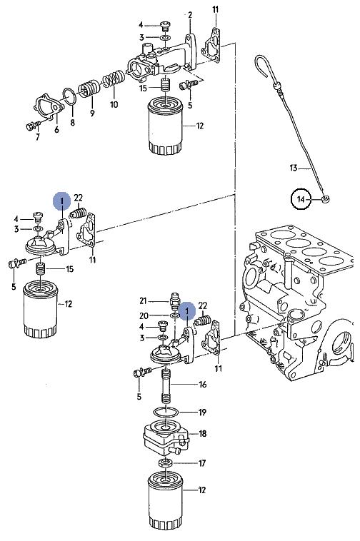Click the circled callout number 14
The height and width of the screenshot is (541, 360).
coord(301,199)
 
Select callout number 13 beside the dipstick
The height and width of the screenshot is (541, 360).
coord(294,168)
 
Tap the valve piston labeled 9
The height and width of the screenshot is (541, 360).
coord(89,91)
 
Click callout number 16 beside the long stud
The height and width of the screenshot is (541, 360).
coord(202,384)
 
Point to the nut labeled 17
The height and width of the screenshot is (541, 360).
coord(166,462)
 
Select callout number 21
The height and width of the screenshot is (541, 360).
coord(143,301)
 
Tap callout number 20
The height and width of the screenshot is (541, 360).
coord(144,315)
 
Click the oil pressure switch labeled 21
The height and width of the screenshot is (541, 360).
coord(175,300)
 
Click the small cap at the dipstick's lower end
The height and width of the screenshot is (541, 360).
coord(324,199)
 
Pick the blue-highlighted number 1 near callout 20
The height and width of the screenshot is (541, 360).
coord(186,311)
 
